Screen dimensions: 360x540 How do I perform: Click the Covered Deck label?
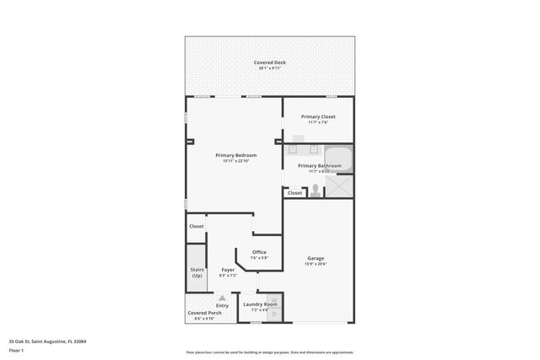pyautogui.click(x=270, y=62)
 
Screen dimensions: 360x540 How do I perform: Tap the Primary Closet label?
pyautogui.click(x=317, y=116)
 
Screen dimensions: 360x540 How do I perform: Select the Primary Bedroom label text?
pyautogui.click(x=236, y=155)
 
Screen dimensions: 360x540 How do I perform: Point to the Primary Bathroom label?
pyautogui.click(x=319, y=166)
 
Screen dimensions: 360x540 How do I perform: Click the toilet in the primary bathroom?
pyautogui.click(x=316, y=190)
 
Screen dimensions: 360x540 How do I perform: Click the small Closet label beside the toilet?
pyautogui.click(x=294, y=193)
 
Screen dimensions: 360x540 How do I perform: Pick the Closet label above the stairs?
pyautogui.click(x=197, y=226)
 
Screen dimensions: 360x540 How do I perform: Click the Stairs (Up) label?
pyautogui.click(x=197, y=272)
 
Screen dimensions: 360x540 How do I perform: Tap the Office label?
pyautogui.click(x=259, y=252)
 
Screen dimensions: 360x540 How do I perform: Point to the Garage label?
pyautogui.click(x=316, y=258)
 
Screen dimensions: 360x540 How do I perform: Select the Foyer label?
pyautogui.click(x=228, y=270)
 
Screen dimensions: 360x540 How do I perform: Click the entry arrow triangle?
pyautogui.click(x=222, y=298)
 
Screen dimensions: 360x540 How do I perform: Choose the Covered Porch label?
pyautogui.click(x=205, y=313)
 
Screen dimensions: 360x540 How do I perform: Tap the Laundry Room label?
pyautogui.click(x=260, y=304)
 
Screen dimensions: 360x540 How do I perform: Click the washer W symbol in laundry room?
pyautogui.click(x=273, y=300)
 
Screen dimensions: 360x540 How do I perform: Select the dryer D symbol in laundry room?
pyautogui.click(x=273, y=313)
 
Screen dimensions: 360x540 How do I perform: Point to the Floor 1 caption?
pyautogui.click(x=17, y=349)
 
